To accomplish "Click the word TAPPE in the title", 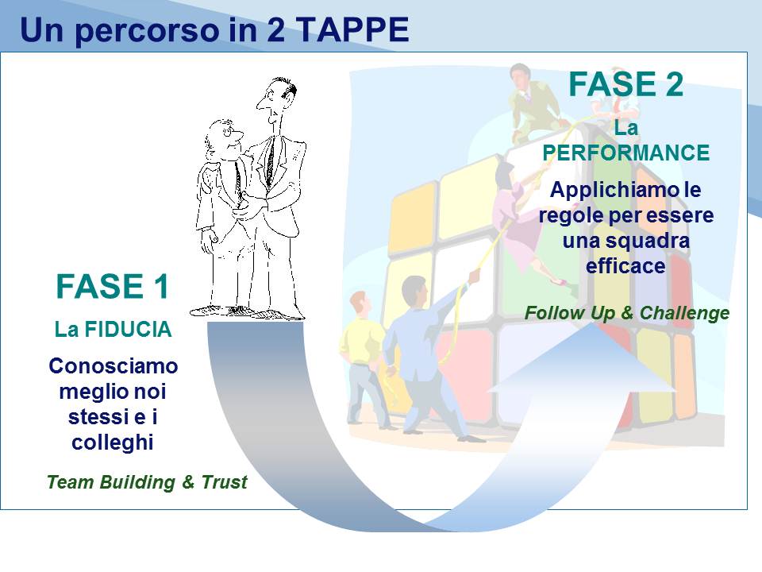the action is (352, 29).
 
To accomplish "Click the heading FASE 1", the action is (112, 286).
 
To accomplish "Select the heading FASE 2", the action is (626, 84).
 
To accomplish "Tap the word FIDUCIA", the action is (128, 329).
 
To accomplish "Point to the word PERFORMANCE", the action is (626, 153).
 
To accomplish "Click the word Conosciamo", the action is (113, 365).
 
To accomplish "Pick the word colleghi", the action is (112, 443).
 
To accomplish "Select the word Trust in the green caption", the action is (224, 482).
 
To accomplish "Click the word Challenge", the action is (684, 313).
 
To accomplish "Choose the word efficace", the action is (625, 265).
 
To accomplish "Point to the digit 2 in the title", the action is (276, 29).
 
